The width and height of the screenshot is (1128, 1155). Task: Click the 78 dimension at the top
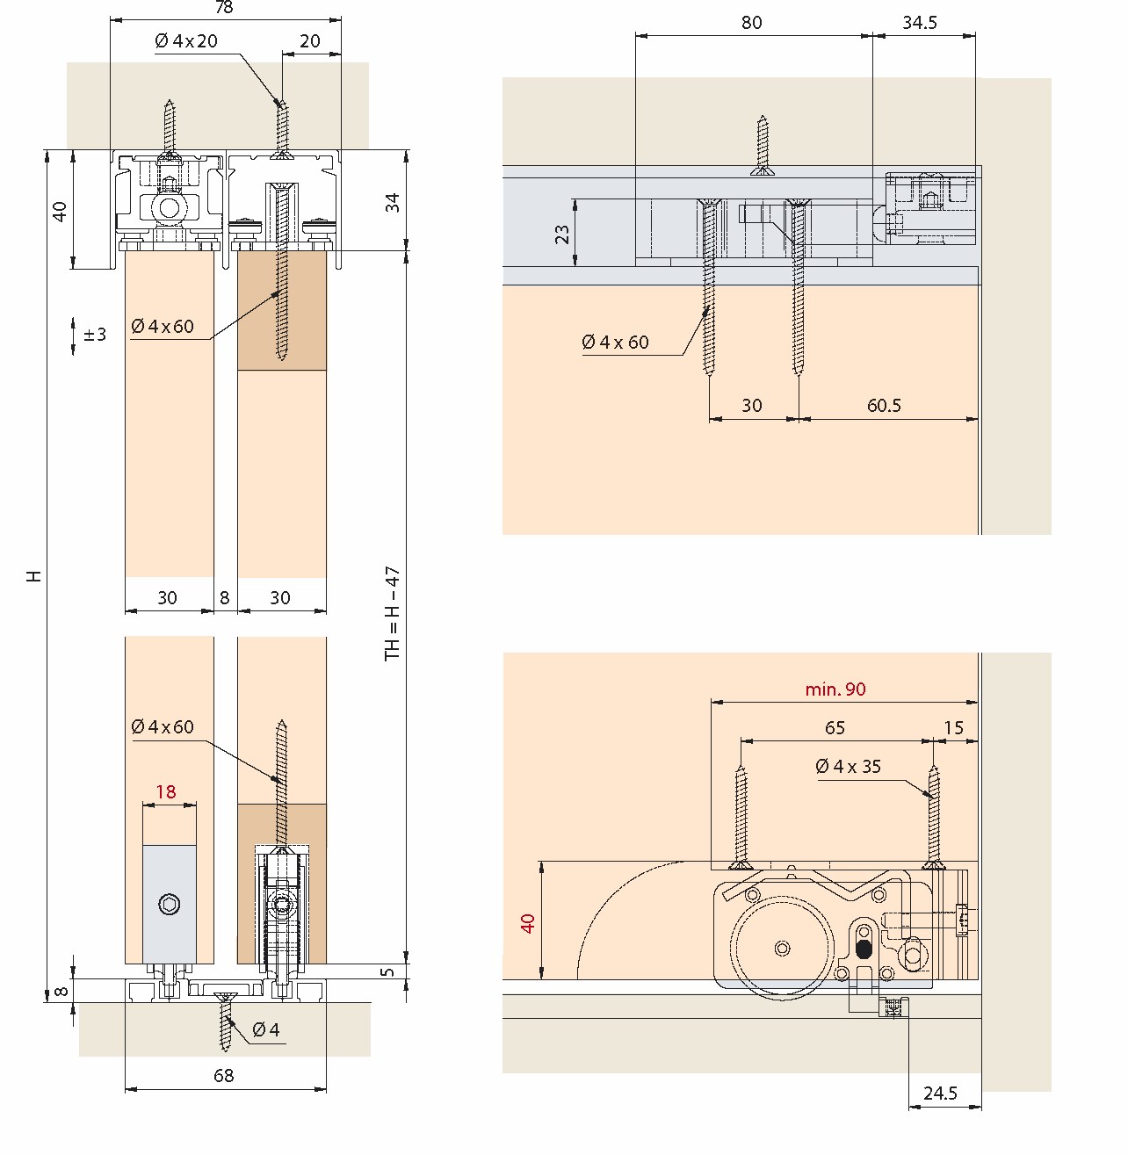(224, 8)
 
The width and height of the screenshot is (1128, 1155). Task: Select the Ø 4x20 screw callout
(186, 41)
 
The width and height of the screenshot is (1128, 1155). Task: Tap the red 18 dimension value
(166, 791)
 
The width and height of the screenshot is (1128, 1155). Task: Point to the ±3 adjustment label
(95, 335)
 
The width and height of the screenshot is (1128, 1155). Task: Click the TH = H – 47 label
(393, 613)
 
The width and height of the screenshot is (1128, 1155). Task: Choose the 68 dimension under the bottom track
(224, 1075)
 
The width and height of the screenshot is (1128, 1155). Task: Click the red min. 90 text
(835, 689)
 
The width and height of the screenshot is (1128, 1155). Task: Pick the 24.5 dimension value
(940, 1093)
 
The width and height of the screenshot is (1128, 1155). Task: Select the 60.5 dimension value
(884, 406)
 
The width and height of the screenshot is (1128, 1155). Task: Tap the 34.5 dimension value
(920, 23)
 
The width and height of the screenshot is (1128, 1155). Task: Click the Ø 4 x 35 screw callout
(849, 766)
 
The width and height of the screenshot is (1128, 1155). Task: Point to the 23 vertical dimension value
(561, 235)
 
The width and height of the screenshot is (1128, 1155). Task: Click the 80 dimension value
(752, 23)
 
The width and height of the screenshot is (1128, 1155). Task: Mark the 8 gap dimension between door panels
(224, 597)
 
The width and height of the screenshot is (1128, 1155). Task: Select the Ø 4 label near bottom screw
(265, 1029)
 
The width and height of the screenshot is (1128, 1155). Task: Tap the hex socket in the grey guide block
(170, 905)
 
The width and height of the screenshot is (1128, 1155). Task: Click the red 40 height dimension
(528, 923)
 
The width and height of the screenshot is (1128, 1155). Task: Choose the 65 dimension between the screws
(835, 727)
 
